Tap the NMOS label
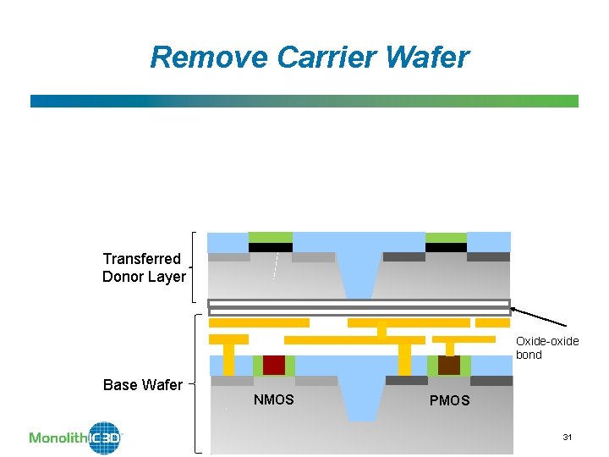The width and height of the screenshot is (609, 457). [x=273, y=399]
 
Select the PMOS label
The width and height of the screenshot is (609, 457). [x=449, y=400]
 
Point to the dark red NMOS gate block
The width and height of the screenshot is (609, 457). [x=274, y=365]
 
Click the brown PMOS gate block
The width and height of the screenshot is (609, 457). [x=449, y=365]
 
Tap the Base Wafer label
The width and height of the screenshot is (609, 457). [x=142, y=385]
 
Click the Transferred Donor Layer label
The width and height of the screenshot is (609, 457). [x=144, y=267]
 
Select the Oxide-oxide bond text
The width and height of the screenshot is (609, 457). [x=547, y=348]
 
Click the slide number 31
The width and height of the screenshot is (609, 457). [x=568, y=437]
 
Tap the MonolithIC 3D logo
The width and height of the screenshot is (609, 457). [x=76, y=437]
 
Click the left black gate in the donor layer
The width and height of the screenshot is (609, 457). [x=271, y=248]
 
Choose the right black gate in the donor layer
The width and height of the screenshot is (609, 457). [x=446, y=248]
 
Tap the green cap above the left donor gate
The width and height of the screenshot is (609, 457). [x=271, y=237]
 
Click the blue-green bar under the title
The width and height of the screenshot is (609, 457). [x=304, y=101]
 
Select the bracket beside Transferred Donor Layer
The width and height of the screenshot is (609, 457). [x=195, y=267]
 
